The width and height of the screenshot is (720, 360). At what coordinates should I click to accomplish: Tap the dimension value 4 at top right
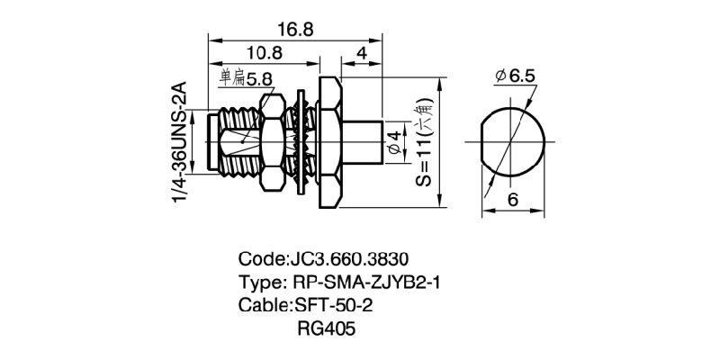click(360, 53)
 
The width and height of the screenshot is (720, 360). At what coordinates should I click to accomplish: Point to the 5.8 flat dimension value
click(258, 80)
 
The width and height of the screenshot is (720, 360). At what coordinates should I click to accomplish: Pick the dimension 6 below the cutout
click(512, 200)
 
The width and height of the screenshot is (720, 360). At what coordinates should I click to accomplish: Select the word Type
click(258, 281)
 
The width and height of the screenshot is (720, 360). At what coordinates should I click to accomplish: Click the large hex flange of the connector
click(328, 142)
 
